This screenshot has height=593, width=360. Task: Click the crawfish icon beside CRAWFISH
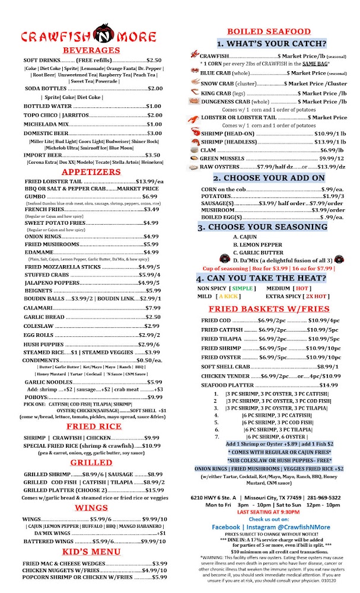[x=195, y=55]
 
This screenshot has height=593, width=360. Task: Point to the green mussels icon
[x=194, y=158]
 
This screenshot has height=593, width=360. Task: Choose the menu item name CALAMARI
[x=38, y=308]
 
